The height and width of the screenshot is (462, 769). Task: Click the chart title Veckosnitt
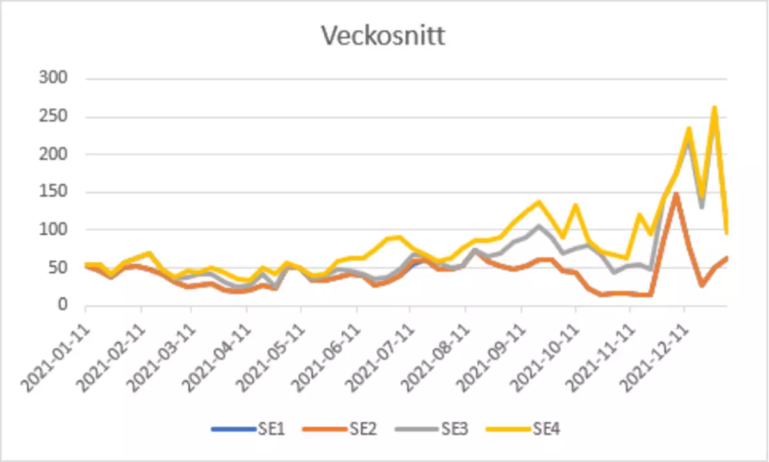(x=383, y=36)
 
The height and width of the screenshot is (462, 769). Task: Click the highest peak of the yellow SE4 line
(x=714, y=108)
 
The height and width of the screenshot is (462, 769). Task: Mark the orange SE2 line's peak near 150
(x=675, y=193)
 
